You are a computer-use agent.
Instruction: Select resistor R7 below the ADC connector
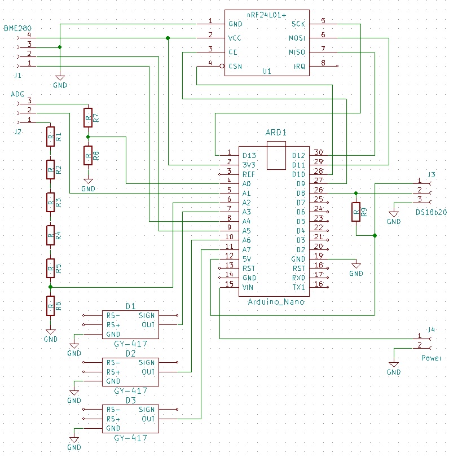[x=87, y=117]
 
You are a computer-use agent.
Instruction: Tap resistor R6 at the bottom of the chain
[x=51, y=306]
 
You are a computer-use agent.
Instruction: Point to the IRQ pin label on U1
[x=300, y=67]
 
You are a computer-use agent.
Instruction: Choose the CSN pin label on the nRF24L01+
[x=235, y=67]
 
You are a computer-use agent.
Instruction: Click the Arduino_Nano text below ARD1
[x=276, y=302]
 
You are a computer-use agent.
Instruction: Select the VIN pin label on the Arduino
[x=248, y=287]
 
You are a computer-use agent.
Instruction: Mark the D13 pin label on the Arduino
[x=249, y=155]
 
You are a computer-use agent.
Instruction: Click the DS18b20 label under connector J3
[x=431, y=213]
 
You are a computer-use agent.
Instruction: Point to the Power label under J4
[x=431, y=358]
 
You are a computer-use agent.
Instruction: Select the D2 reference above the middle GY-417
[x=130, y=354]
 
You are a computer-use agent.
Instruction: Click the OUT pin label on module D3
[x=148, y=419]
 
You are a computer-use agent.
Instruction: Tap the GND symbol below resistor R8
[x=87, y=186]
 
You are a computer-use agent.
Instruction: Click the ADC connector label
[x=17, y=94]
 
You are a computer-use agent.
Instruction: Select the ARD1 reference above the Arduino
[x=276, y=133]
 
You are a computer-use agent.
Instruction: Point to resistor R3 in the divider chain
[x=51, y=202]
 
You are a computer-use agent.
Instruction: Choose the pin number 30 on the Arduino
[x=319, y=152]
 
